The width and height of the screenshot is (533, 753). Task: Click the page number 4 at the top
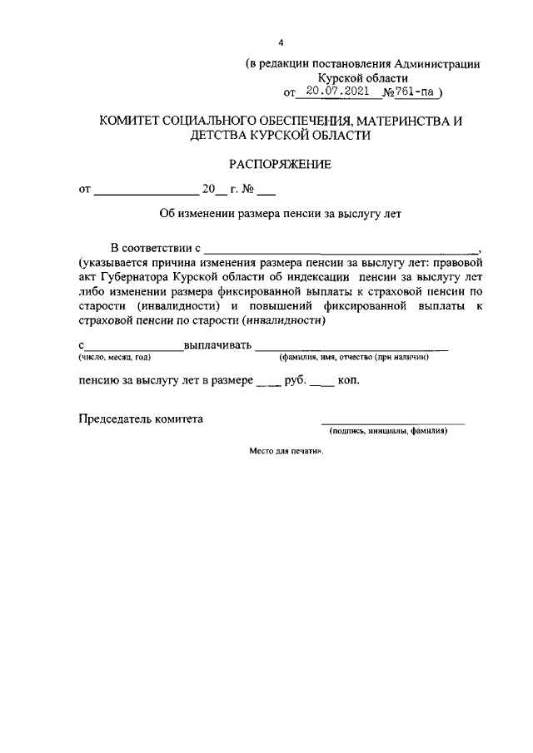point(281,42)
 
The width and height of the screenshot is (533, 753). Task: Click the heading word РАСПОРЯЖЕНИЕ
point(280,165)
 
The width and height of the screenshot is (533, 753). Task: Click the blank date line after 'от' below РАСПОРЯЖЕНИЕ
point(146,192)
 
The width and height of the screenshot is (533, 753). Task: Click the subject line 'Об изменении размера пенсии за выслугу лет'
point(280,214)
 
